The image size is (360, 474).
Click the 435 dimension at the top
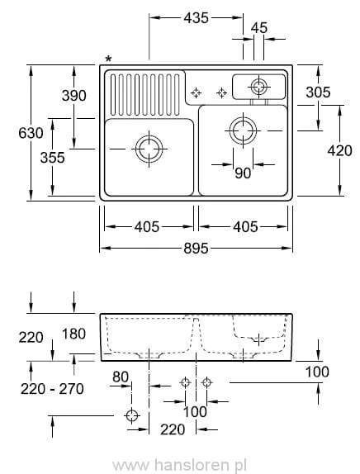[197, 17]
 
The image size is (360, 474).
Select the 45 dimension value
[258, 28]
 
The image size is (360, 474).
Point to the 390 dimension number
[73, 96]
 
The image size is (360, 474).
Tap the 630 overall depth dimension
[19, 133]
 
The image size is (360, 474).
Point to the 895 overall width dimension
[196, 248]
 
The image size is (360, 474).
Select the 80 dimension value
[121, 377]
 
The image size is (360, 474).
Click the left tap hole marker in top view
[197, 92]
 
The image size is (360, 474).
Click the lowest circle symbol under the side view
[131, 415]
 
